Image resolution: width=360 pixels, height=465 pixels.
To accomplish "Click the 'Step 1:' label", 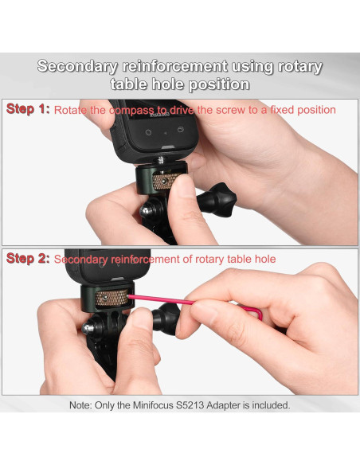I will [x=27, y=109].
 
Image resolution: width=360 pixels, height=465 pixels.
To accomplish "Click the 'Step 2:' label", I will [x=27, y=259].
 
